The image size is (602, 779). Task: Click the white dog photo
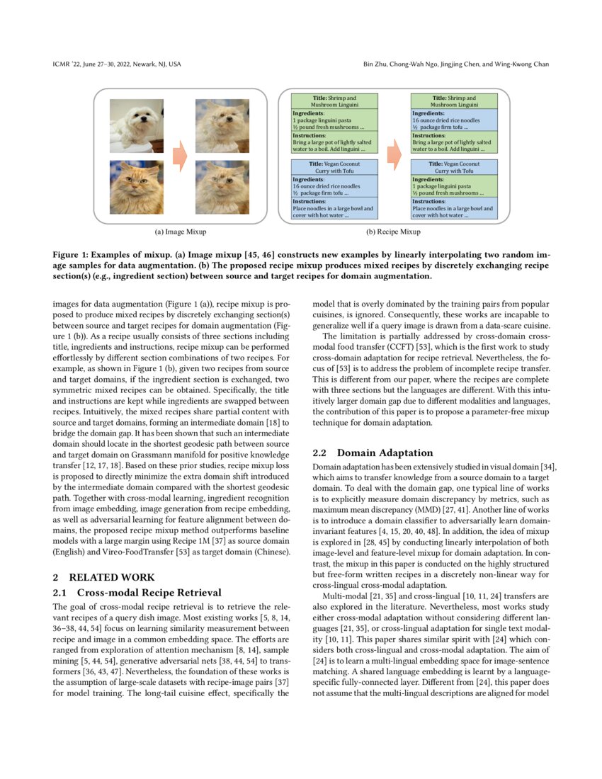coord(136,125)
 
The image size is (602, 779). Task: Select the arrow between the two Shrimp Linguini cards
coord(394,123)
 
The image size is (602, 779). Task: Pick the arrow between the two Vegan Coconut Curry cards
coord(394,189)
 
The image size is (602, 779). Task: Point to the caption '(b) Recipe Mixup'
coord(393,232)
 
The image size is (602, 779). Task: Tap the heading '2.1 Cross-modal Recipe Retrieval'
coord(137,592)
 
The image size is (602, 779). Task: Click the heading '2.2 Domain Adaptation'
coord(373,453)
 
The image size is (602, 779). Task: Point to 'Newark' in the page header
coord(144,64)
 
